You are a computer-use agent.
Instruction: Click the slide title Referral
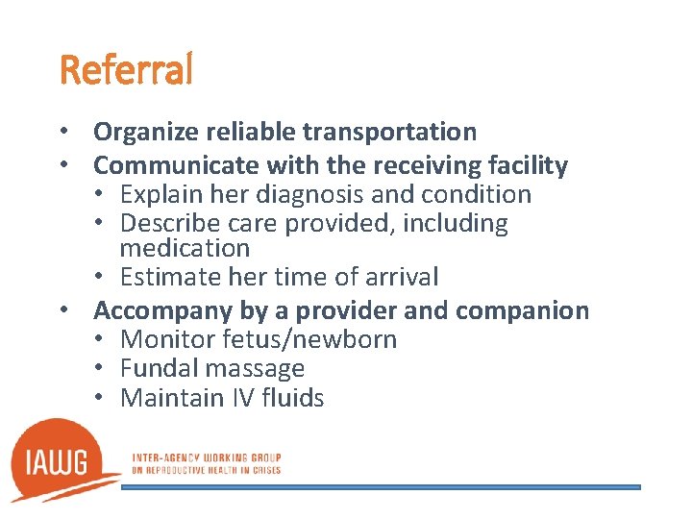126,70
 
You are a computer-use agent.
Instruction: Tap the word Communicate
168,165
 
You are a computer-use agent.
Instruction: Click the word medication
185,248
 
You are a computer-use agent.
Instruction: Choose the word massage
255,369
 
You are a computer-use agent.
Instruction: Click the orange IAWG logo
63,460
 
